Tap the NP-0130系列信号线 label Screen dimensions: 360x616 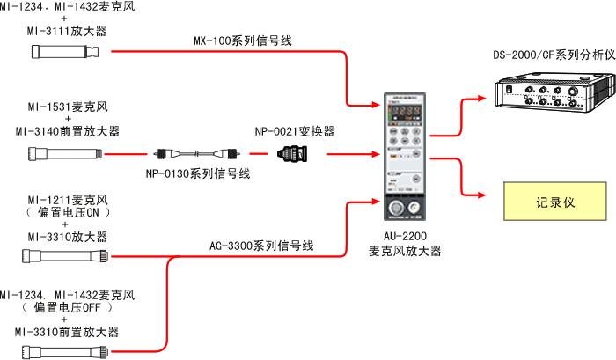tap(198, 173)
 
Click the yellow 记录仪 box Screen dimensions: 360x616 tap(554, 202)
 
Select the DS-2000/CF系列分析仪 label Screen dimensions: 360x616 tap(554, 55)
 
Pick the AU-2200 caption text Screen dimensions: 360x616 tap(405, 244)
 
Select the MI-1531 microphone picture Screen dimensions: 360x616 tap(63, 156)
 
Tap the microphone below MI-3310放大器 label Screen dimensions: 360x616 tap(65, 256)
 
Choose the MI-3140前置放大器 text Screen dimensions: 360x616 tap(68, 131)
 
